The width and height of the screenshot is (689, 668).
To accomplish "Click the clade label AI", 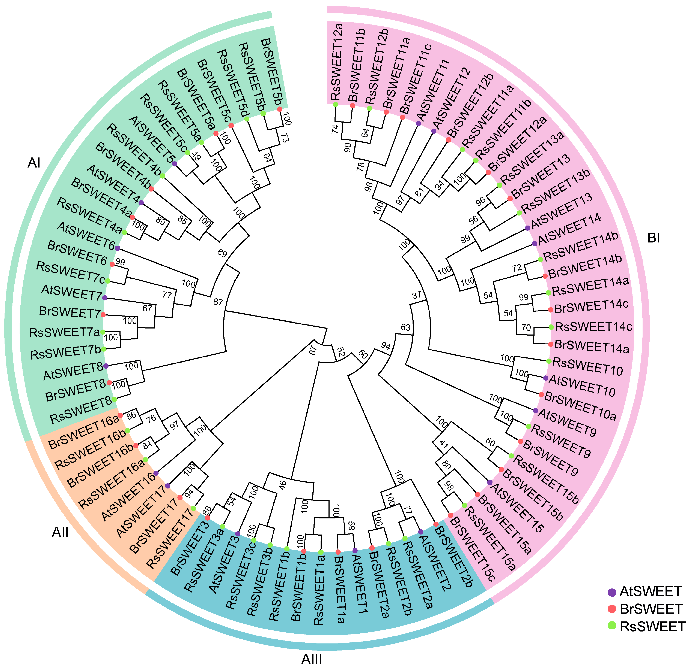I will coord(34,163).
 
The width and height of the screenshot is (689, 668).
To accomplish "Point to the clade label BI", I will coord(653,238).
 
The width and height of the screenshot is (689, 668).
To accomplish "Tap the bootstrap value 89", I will coord(222,253).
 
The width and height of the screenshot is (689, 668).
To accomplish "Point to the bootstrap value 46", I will coord(282,486).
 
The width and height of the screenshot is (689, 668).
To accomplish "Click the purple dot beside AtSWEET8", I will coord(106,366).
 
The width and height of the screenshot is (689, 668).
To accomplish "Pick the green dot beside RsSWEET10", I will coord(548,361).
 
